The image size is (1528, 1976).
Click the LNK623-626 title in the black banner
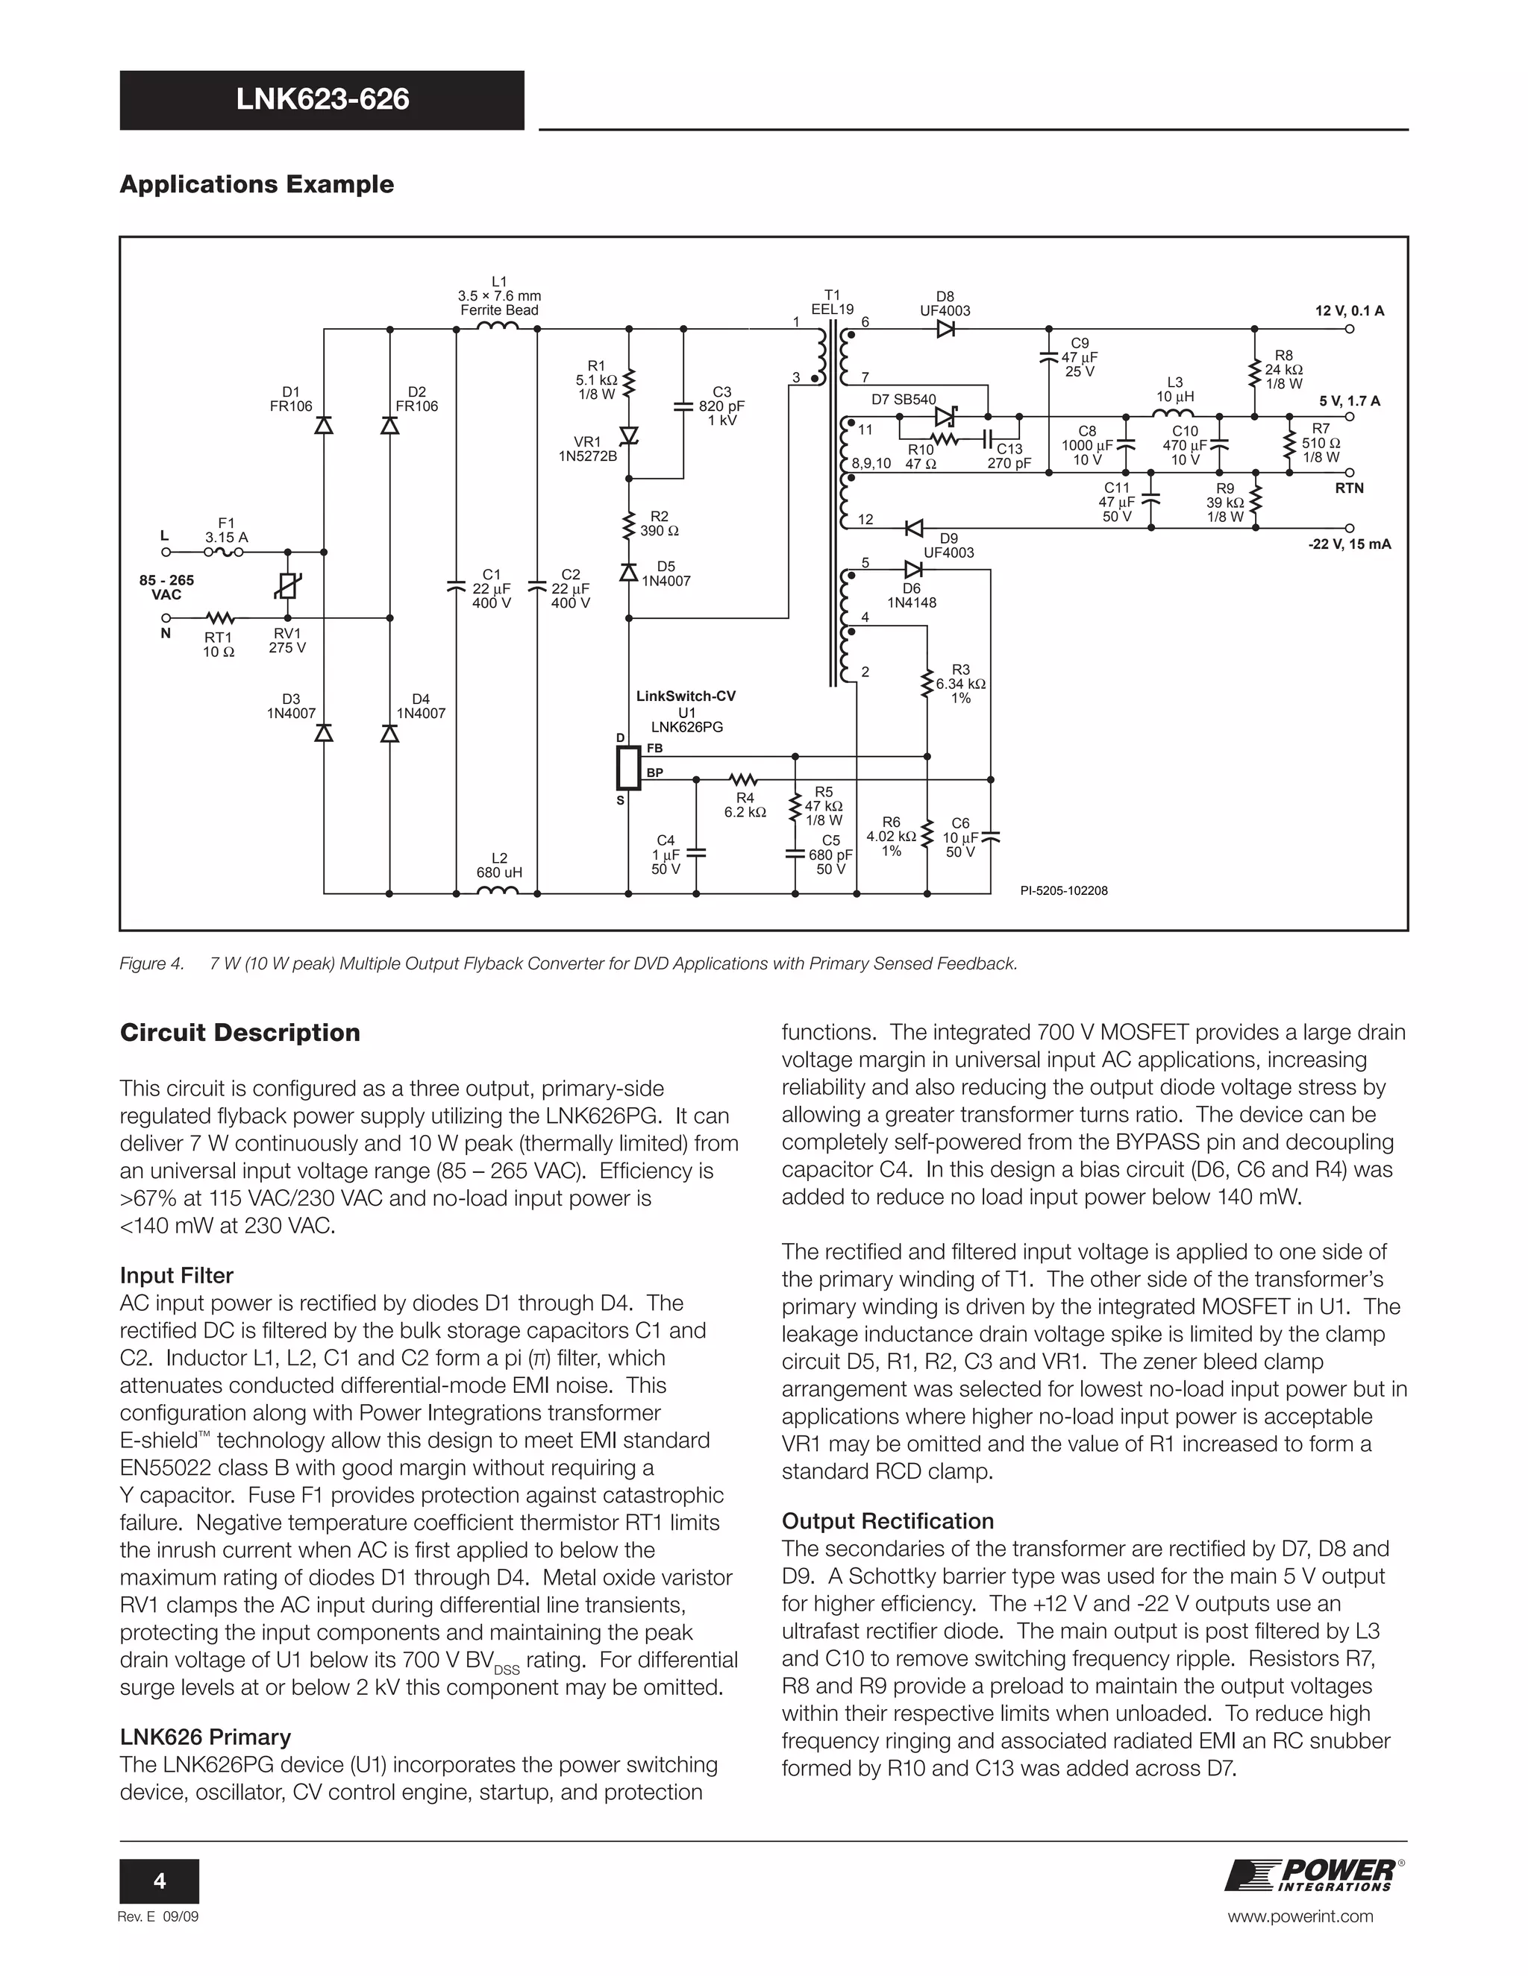tap(322, 99)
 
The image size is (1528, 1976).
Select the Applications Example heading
tap(257, 185)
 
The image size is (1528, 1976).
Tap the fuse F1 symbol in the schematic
tap(222, 551)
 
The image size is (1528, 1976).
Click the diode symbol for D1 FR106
tap(323, 425)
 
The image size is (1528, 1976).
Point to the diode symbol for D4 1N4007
tap(390, 734)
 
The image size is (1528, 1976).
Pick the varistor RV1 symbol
tap(288, 587)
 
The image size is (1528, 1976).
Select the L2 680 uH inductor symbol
tap(498, 891)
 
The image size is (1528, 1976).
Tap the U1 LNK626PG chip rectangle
tap(628, 769)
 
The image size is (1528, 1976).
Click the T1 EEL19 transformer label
tap(832, 302)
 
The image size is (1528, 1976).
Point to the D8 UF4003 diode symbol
tap(946, 330)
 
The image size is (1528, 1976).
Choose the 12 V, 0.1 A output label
tap(1349, 311)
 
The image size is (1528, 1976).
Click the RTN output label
tap(1349, 488)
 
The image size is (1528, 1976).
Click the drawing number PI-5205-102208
tap(1064, 890)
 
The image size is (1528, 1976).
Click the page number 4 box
tap(160, 1881)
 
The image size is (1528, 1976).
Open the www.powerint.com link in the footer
tap(1300, 1916)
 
